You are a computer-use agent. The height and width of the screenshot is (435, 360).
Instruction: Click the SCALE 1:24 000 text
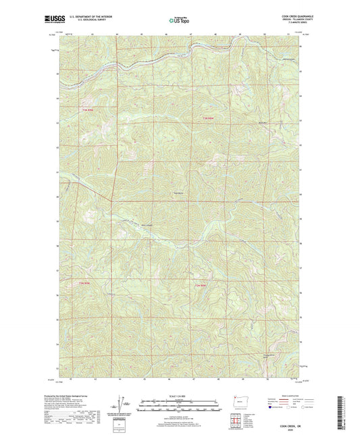click(178, 396)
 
